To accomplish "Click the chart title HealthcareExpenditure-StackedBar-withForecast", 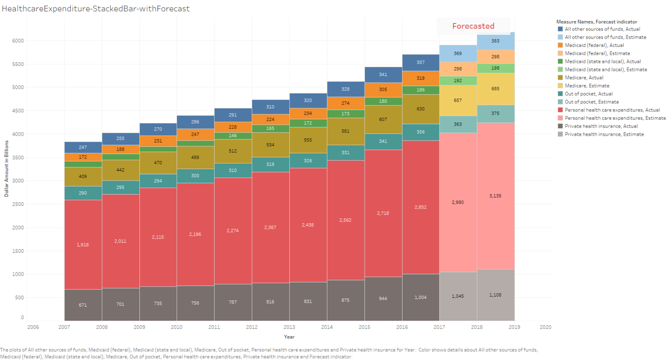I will point(96,9).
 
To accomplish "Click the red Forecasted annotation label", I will point(473,26).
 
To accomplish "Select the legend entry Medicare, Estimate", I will point(587,86).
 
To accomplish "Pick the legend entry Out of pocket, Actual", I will point(588,93).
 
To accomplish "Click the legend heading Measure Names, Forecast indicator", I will point(597,22).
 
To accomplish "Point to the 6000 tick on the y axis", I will point(17,41).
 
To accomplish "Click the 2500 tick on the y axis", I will point(17,204).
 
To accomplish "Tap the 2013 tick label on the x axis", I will point(290,327).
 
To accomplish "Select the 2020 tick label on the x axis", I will point(545,327).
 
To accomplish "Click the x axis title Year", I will point(289,337).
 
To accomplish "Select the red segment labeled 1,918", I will point(83,244).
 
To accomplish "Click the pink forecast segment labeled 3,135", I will point(495,196).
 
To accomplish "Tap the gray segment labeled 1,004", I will point(421,297).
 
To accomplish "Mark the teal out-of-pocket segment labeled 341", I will point(383,141).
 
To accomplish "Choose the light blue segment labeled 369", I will point(458,53).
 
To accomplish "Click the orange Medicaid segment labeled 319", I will point(421,78).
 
